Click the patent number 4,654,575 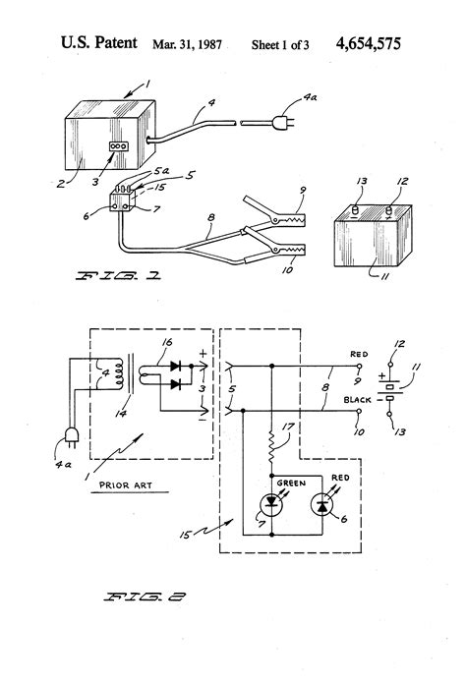click(x=368, y=43)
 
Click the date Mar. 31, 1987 click(x=187, y=44)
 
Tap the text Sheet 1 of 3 click(x=280, y=44)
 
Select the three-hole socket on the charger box click(x=118, y=146)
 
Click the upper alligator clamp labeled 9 click(x=274, y=212)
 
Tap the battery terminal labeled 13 click(x=355, y=211)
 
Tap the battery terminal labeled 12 click(x=388, y=211)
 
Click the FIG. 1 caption click(x=118, y=276)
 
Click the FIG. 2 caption click(x=145, y=597)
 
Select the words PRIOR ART click(x=126, y=485)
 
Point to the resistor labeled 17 click(x=271, y=447)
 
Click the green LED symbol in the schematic click(x=271, y=505)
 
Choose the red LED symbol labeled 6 click(x=322, y=505)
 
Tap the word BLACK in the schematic click(x=357, y=400)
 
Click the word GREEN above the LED click(x=291, y=484)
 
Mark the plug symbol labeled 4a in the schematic click(x=72, y=436)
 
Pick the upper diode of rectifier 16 click(x=176, y=366)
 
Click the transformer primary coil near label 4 click(x=117, y=373)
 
